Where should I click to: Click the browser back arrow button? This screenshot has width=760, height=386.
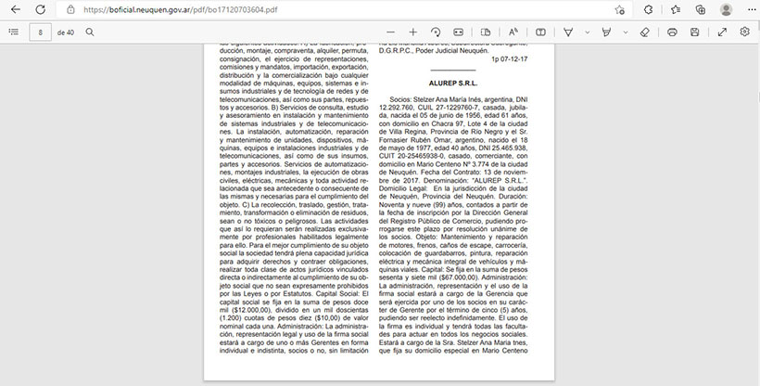(14, 9)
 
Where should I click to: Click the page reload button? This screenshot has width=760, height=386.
(40, 9)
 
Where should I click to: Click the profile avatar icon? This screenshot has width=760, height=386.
(726, 9)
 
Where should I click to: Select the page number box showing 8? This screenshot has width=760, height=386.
(40, 32)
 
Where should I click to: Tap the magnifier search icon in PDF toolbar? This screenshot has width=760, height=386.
(90, 32)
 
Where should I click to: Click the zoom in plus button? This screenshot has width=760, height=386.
(413, 32)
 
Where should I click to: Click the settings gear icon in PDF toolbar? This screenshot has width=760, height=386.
(744, 32)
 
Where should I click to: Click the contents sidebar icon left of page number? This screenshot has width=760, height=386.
(13, 32)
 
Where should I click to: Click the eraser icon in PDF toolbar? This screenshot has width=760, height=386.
(646, 32)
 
